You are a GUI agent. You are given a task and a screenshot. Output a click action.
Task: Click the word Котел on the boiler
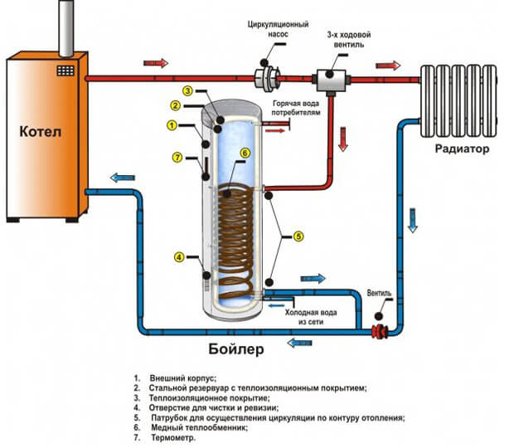click(x=41, y=131)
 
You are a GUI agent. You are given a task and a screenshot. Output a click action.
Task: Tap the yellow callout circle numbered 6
click(x=245, y=153)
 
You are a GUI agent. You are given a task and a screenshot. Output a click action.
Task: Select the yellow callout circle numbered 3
click(x=188, y=90)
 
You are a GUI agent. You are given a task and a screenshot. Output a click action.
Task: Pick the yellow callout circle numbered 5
click(x=299, y=236)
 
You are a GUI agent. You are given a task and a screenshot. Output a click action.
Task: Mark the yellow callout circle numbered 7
click(x=177, y=158)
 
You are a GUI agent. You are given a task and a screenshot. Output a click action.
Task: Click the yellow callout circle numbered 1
click(x=171, y=125)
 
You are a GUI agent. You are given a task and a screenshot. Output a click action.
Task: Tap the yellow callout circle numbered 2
click(x=176, y=105)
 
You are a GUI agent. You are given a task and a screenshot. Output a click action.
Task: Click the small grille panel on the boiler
click(x=65, y=71)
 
